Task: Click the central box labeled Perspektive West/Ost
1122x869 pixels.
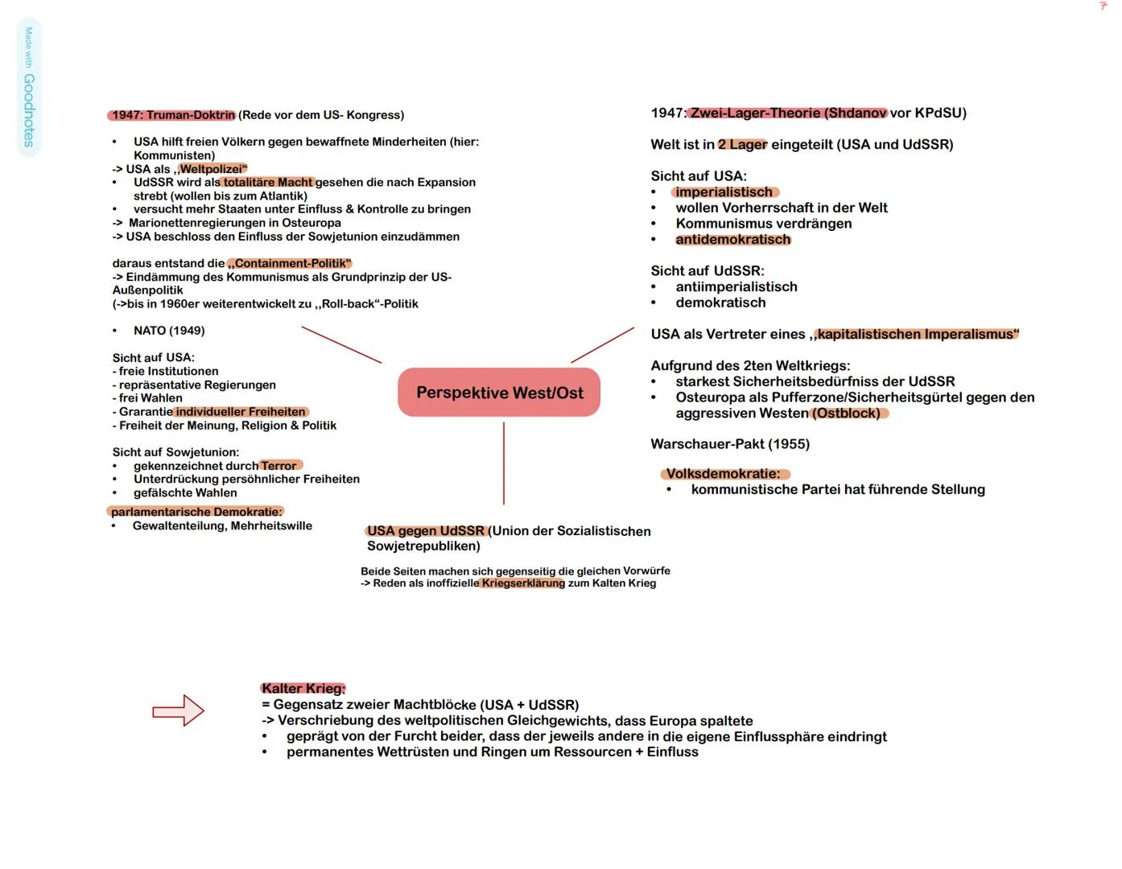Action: click(499, 393)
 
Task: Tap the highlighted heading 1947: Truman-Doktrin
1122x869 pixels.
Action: click(173, 115)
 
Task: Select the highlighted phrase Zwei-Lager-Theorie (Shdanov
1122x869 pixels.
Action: click(788, 113)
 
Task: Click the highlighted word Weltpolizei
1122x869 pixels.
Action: click(212, 169)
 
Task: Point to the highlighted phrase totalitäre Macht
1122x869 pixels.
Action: click(269, 183)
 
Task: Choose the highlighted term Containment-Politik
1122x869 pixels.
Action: click(291, 263)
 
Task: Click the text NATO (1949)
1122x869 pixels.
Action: click(169, 331)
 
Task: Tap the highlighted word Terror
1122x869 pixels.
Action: click(279, 466)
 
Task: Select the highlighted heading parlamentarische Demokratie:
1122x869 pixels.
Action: click(196, 512)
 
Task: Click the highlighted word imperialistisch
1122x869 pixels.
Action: click(724, 192)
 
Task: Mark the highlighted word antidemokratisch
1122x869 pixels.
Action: click(733, 239)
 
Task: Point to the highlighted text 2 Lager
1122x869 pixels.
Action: click(742, 145)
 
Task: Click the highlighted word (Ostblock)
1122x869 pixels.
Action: click(849, 413)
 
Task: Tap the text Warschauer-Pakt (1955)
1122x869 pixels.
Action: click(730, 444)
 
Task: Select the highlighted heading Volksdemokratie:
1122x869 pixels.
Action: click(724, 474)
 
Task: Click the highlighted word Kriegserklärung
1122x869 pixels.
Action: click(523, 583)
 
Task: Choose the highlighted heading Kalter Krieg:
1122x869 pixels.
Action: click(303, 688)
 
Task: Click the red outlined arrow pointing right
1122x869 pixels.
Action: click(179, 710)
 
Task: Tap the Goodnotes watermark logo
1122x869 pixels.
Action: click(28, 89)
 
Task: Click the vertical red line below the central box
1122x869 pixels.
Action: click(504, 463)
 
